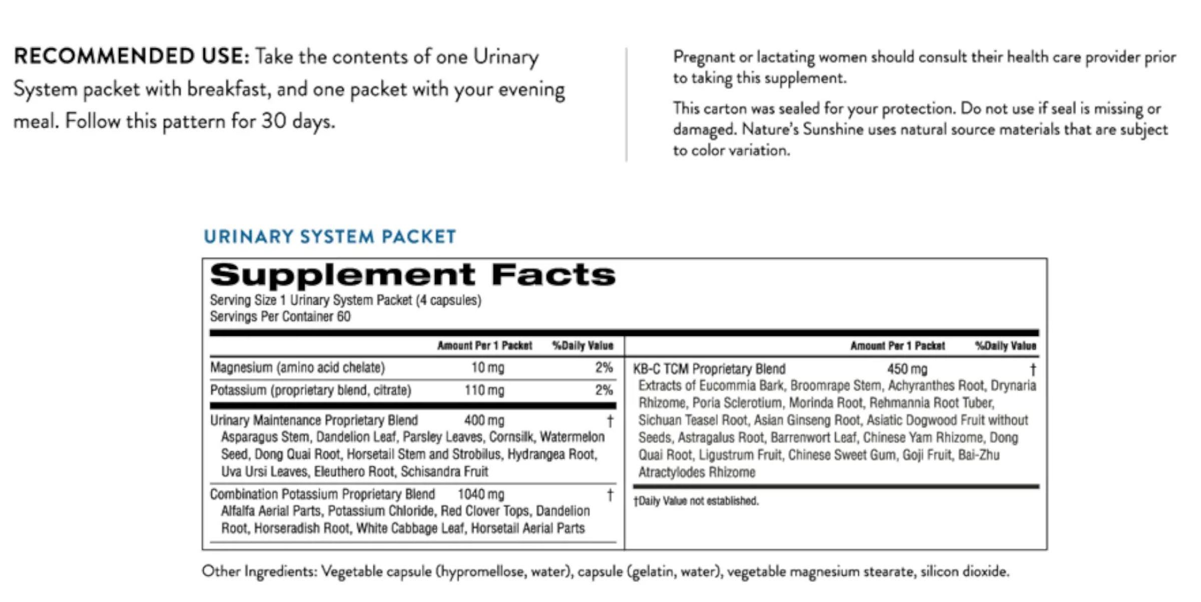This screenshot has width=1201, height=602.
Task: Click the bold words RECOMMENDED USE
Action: coord(131,57)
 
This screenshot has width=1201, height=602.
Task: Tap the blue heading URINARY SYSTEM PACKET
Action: coord(330,236)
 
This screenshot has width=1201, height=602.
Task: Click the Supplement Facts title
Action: coord(413,275)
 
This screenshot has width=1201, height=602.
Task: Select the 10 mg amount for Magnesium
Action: coord(487,368)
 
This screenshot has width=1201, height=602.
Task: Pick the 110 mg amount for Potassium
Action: coord(484,390)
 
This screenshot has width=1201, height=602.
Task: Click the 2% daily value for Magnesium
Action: coord(604,368)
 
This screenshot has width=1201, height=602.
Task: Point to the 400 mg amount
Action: coord(484,420)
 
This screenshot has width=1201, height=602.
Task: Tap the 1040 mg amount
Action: coord(480,494)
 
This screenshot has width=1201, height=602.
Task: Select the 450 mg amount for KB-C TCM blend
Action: coord(907,370)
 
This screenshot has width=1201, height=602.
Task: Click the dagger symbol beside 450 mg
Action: coord(1033,370)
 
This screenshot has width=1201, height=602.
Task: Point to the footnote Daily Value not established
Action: coord(696,501)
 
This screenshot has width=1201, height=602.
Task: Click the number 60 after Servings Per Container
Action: coord(344,317)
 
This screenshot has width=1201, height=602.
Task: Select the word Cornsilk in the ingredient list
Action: coord(511,437)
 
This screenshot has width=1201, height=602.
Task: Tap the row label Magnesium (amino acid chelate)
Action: coord(297,368)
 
